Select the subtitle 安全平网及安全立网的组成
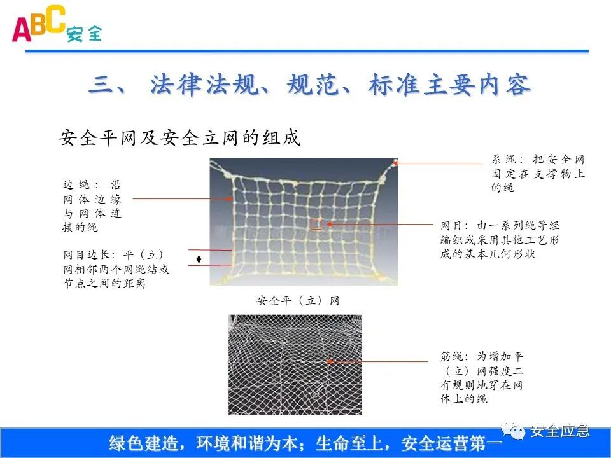point(179,137)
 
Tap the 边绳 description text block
point(92,205)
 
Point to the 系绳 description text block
point(538,174)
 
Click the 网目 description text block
point(500,240)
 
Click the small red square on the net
point(316,224)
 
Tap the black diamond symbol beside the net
point(199,259)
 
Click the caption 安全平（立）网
point(298,301)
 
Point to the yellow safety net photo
point(304,221)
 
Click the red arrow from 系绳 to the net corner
point(439,163)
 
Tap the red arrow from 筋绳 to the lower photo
point(379,361)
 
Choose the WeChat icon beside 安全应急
point(517,432)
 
